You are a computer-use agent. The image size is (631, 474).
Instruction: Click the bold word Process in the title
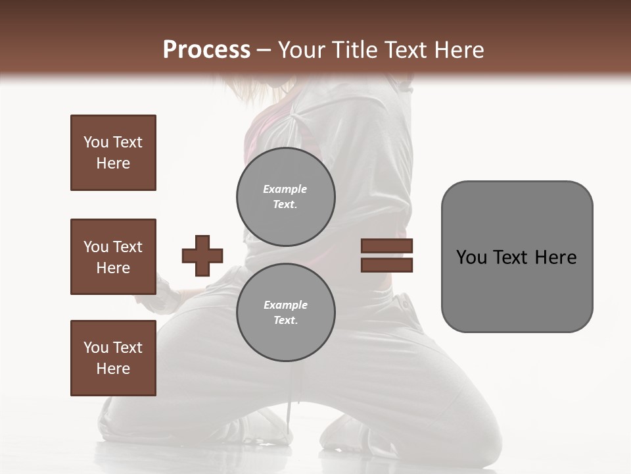[x=206, y=50]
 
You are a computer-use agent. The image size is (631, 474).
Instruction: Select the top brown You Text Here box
[x=113, y=153]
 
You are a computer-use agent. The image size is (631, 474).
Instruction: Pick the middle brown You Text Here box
[x=113, y=257]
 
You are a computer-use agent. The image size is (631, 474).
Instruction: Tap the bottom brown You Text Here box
[x=113, y=358]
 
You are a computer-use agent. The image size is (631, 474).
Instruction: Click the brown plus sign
[x=202, y=255]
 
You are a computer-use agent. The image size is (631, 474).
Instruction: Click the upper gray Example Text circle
[x=285, y=196]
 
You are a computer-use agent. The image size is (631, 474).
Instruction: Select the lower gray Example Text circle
[x=285, y=312]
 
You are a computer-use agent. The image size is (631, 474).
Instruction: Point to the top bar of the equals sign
[x=386, y=246]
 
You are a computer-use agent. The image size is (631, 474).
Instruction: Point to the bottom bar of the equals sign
[x=386, y=265]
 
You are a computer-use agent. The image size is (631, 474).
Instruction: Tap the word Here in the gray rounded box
[x=556, y=257]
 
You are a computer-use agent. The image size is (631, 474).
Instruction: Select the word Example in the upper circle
[x=285, y=189]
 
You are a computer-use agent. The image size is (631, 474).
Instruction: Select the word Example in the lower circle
[x=285, y=305]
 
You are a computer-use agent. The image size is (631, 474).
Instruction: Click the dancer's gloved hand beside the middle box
[x=167, y=294]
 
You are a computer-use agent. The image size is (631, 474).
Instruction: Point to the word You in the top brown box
[x=96, y=142]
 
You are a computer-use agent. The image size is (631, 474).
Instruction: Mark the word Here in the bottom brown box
[x=113, y=369]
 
